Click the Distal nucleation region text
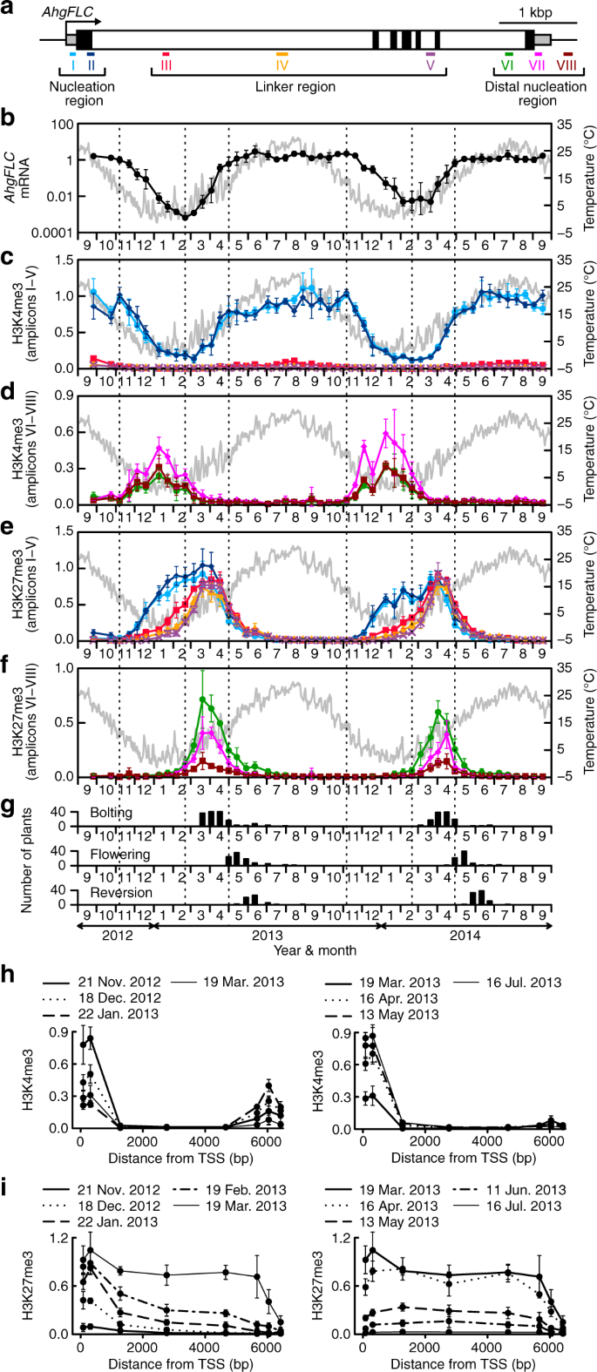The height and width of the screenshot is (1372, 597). click(524, 94)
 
